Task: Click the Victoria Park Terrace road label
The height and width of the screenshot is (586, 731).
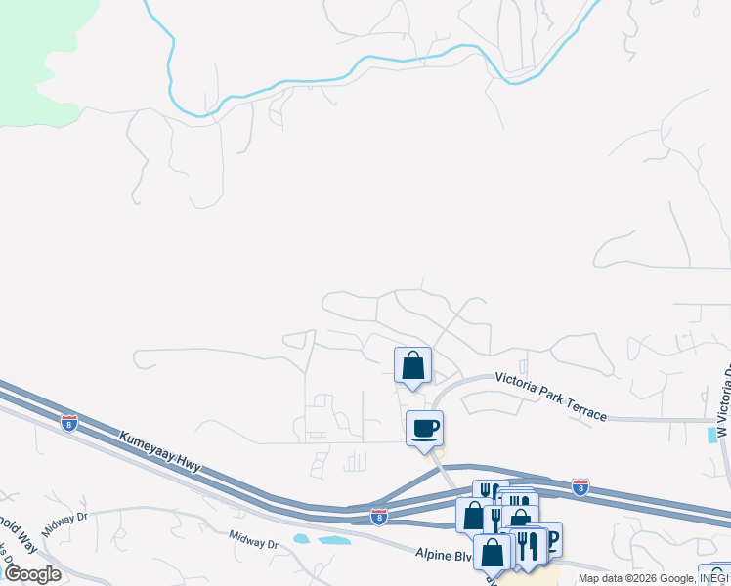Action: pos(550,396)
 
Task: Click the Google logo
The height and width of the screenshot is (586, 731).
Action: pos(32,574)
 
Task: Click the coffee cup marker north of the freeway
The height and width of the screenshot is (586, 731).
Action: pos(424,428)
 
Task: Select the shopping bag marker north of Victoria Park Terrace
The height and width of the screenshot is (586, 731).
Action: pos(412,366)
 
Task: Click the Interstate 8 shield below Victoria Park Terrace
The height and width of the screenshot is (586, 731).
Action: pos(580,484)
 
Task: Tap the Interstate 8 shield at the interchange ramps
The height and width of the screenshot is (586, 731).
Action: pos(378,515)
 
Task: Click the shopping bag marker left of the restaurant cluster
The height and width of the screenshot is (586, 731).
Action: pos(473,515)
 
